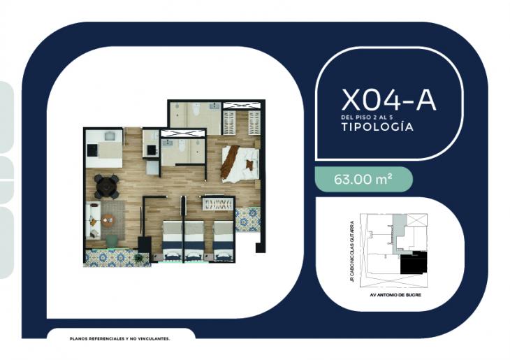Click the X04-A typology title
pos(388,100)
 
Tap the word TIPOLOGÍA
pos(372,128)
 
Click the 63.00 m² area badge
pos(363,179)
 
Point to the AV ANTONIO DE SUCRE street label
pos(395,294)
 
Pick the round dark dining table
pos(107,185)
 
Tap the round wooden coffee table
pos(108,219)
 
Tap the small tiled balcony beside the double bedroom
pos(247,219)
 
